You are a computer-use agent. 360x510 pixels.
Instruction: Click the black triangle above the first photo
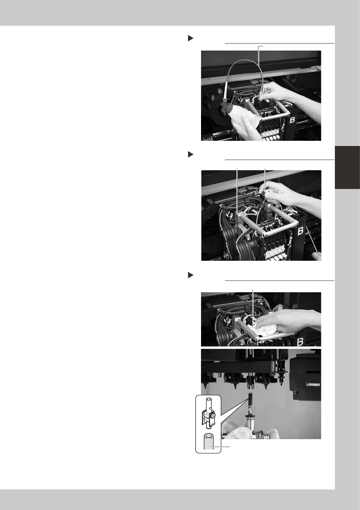point(190,38)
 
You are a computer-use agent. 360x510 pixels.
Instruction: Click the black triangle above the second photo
point(190,155)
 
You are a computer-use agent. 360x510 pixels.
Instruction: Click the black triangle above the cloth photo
point(190,276)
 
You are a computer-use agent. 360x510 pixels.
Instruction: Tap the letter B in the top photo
point(292,120)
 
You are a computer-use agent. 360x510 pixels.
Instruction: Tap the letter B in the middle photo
point(301,231)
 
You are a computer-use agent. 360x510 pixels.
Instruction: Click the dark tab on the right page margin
point(347,167)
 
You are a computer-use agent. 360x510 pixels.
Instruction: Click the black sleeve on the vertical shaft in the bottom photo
point(250,400)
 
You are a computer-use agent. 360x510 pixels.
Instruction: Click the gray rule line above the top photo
point(279,43)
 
